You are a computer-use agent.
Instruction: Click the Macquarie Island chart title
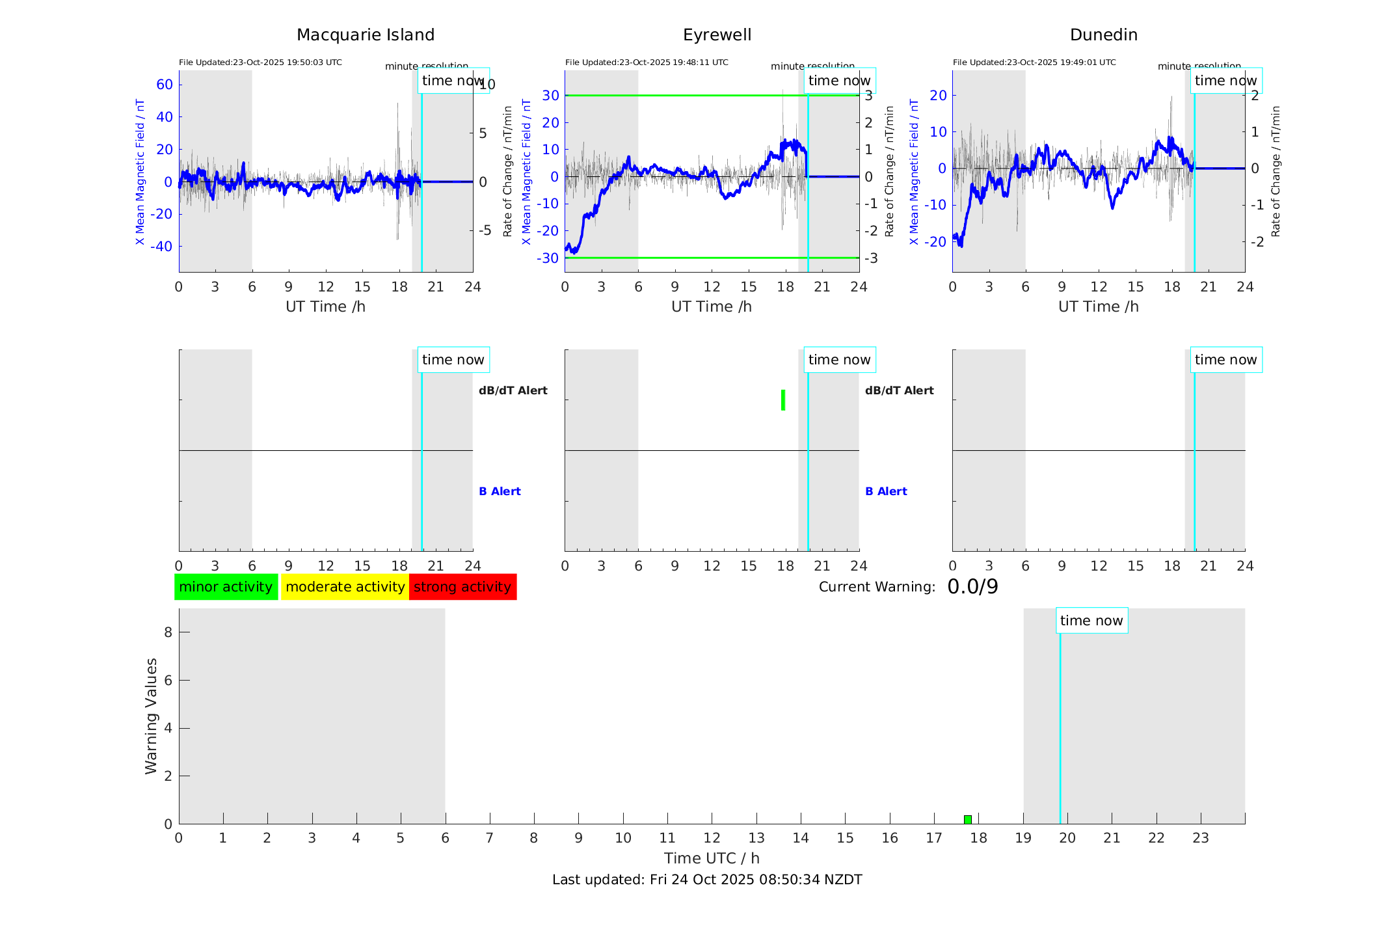click(365, 35)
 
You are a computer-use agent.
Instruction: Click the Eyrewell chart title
click(717, 35)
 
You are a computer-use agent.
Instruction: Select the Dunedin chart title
click(1103, 35)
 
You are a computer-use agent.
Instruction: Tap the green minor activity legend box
click(226, 587)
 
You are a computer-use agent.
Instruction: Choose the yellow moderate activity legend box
click(345, 587)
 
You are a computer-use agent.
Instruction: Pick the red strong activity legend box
click(462, 587)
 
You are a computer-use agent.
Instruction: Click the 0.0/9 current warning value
click(972, 587)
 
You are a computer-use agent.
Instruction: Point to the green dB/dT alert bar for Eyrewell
click(783, 400)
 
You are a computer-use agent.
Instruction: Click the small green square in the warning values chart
click(968, 820)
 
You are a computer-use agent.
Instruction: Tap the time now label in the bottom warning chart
click(1091, 621)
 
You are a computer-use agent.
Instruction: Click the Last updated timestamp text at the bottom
click(707, 880)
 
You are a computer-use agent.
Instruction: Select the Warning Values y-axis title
click(152, 716)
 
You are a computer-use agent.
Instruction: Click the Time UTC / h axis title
click(712, 858)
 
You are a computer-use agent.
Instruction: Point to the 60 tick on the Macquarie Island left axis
click(165, 85)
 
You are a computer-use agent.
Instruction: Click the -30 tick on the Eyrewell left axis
click(548, 258)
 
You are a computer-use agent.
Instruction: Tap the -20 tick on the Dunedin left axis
click(937, 241)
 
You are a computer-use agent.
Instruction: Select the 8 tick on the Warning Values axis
click(168, 632)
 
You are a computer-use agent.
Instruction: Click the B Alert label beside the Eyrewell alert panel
click(886, 491)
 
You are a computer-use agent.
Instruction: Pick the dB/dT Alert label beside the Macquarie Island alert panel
click(513, 390)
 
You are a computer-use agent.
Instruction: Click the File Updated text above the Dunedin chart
click(1034, 62)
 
